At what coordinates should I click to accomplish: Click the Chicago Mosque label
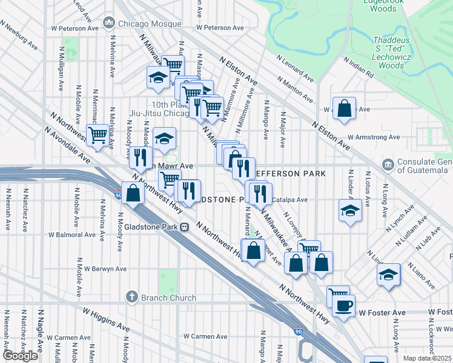tap(149, 24)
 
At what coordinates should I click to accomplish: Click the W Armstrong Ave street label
tap(374, 137)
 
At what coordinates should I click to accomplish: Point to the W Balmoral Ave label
tap(73, 234)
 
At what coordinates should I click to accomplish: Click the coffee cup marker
tap(343, 306)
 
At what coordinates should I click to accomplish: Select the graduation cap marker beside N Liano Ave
tap(388, 274)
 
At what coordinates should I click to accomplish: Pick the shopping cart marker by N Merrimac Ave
tap(98, 135)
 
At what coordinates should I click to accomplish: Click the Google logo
tap(20, 356)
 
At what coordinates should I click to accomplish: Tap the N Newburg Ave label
tap(21, 37)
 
